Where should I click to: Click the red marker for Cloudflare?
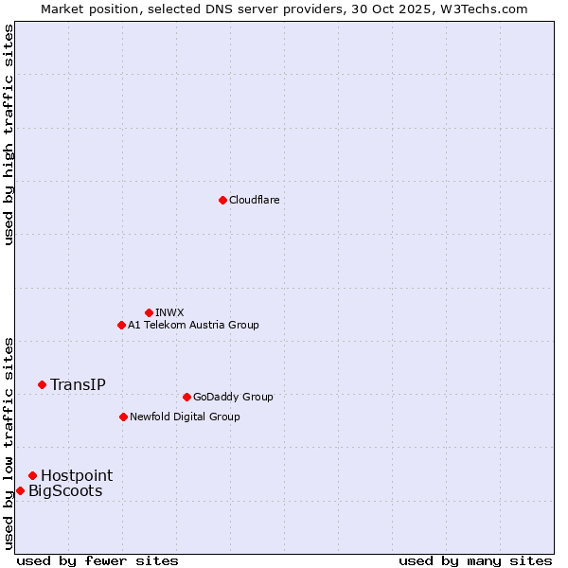point(222,200)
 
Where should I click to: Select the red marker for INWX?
point(149,312)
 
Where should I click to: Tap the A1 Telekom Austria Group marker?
point(121,325)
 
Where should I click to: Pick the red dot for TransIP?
point(42,384)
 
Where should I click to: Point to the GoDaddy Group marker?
point(186,397)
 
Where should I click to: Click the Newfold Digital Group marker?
point(123,417)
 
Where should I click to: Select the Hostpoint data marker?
point(32,475)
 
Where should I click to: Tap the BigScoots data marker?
point(20,490)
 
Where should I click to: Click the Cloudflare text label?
point(255,200)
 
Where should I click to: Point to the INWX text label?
point(169,312)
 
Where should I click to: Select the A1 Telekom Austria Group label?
point(193,325)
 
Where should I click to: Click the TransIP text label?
point(78,384)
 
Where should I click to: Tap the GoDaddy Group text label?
point(233,397)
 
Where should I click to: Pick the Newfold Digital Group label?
point(185,417)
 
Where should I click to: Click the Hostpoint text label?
point(77,475)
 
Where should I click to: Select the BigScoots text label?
point(65,490)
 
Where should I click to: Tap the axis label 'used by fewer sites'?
point(98,560)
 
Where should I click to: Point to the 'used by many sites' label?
point(475,560)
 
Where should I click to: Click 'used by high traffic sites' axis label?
point(9,134)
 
